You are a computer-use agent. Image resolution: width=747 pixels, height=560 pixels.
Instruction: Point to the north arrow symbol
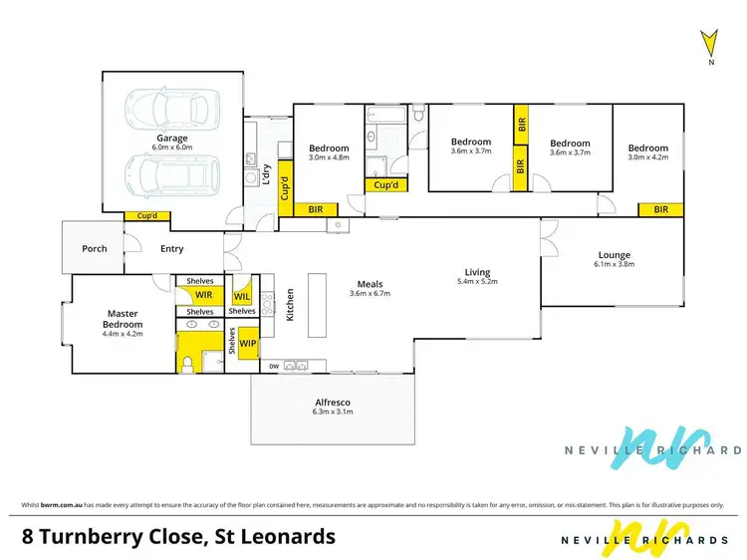pyautogui.click(x=708, y=44)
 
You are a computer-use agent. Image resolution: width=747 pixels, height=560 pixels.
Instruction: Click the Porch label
pyautogui.click(x=94, y=249)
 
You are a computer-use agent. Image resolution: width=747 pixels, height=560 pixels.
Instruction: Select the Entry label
pyautogui.click(x=172, y=249)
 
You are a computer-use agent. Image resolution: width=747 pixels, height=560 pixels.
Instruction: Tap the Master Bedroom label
pyautogui.click(x=124, y=318)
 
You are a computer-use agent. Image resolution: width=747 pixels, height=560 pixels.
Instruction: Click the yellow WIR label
pyautogui.click(x=204, y=296)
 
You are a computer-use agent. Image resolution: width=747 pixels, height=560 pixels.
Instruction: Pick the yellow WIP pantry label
pyautogui.click(x=247, y=342)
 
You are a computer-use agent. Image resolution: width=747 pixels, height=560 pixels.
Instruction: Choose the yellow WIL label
pyautogui.click(x=242, y=296)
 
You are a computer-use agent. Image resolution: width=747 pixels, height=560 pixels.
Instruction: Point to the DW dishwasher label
pyautogui.click(x=274, y=367)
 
